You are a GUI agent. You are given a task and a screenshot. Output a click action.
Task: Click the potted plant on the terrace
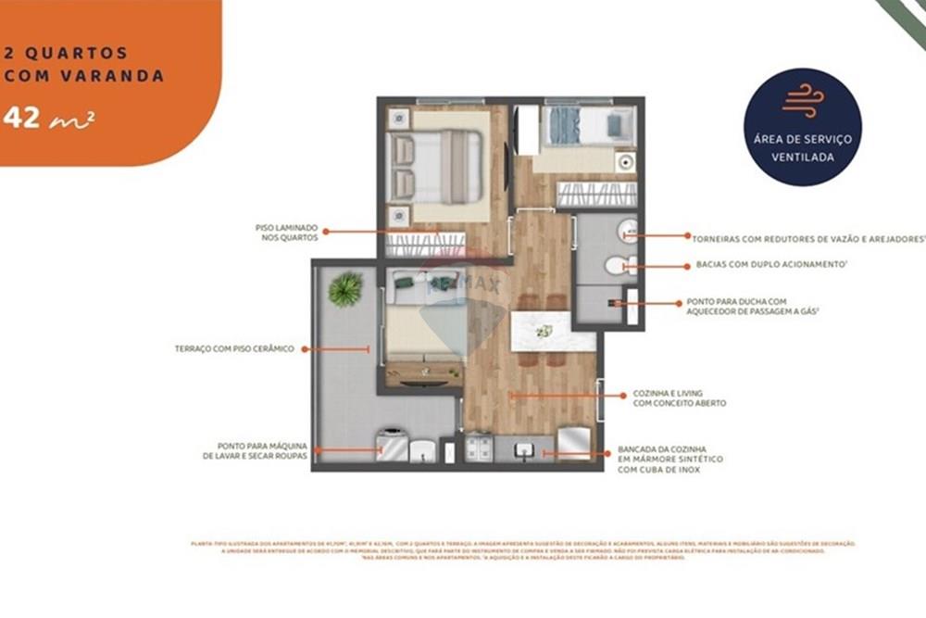345,289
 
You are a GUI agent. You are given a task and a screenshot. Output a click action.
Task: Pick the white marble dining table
553,331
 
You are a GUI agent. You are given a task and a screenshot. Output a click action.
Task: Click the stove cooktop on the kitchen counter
480,449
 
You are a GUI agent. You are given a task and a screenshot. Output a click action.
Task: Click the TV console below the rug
423,374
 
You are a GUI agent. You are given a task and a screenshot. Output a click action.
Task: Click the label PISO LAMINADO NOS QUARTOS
287,233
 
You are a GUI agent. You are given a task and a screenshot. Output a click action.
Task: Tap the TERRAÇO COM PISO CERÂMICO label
233,349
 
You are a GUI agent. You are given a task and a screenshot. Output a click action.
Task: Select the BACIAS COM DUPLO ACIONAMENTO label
772,265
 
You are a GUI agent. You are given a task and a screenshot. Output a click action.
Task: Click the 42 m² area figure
48,119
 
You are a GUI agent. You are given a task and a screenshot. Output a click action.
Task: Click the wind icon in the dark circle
802,102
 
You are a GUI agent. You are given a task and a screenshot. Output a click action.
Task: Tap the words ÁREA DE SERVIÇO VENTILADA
803,147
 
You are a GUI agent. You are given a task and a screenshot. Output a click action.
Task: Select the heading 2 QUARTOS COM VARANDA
83,65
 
